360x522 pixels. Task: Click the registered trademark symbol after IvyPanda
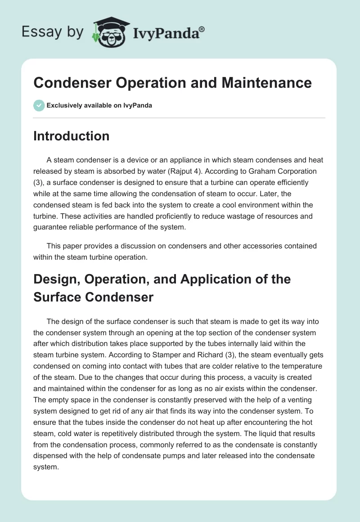(x=202, y=29)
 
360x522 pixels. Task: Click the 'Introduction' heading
(x=71, y=136)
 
